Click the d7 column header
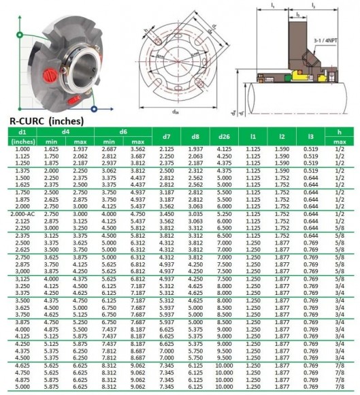167,136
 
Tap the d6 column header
124,131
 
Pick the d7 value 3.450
167,214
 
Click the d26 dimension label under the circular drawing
175,110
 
